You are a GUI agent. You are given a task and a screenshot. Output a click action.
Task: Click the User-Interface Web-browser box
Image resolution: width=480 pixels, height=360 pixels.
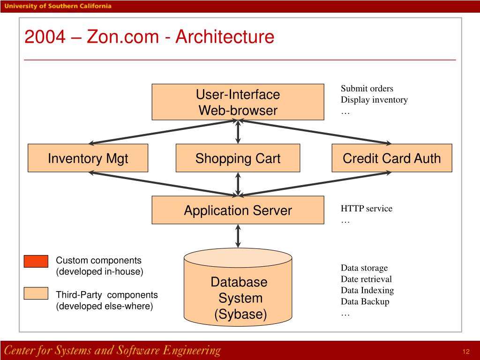[x=238, y=102]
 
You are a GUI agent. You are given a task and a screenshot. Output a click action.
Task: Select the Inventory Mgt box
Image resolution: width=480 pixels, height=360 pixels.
[x=88, y=158]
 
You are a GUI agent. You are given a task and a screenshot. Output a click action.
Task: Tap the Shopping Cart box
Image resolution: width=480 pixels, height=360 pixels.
[x=238, y=158]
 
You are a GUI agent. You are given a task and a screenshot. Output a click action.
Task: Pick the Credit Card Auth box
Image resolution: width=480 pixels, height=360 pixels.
[x=392, y=158]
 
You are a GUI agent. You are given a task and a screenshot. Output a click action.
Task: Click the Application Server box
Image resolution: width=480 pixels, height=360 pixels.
[x=238, y=210]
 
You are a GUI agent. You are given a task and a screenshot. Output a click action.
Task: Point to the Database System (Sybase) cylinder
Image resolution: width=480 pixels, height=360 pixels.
[x=238, y=287]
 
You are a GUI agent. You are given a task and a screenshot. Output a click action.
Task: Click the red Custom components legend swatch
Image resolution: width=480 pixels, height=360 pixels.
[x=36, y=261]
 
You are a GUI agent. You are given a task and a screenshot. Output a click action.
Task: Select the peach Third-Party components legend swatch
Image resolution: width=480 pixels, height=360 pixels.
[x=36, y=293]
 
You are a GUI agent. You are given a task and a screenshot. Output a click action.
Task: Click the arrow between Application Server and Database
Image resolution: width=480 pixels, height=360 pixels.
[x=238, y=236]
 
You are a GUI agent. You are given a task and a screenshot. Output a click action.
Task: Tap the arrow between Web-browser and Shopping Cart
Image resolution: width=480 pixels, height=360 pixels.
[x=238, y=132]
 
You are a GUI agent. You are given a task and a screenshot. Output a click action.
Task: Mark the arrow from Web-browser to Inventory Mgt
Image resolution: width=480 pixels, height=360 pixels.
[x=162, y=132]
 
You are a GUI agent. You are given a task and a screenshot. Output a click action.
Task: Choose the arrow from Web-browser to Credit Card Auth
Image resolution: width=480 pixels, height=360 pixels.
[x=315, y=132]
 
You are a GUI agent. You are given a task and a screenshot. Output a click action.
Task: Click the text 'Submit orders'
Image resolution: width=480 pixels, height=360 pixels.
[x=367, y=89]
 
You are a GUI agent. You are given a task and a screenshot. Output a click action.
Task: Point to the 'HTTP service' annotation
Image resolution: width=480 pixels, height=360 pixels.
[x=367, y=209]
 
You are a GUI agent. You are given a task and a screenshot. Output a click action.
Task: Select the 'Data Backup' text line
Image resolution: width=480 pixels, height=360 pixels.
[x=365, y=301]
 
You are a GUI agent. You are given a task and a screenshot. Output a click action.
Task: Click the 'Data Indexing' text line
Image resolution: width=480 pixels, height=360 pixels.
[x=367, y=290]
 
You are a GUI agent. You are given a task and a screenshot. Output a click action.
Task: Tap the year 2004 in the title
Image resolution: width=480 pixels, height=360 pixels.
[x=45, y=37]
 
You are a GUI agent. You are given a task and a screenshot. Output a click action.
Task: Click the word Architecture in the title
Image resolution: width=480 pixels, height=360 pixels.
[x=225, y=37]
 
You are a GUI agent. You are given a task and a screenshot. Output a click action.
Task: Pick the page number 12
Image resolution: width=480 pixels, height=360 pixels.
[x=466, y=352]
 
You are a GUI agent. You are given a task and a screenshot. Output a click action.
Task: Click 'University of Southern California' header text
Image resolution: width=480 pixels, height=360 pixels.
[x=58, y=6]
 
